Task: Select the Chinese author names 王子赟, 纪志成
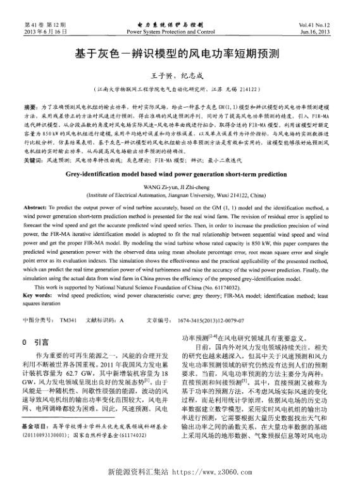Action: tap(180, 75)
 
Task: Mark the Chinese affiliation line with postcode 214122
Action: tap(180, 89)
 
